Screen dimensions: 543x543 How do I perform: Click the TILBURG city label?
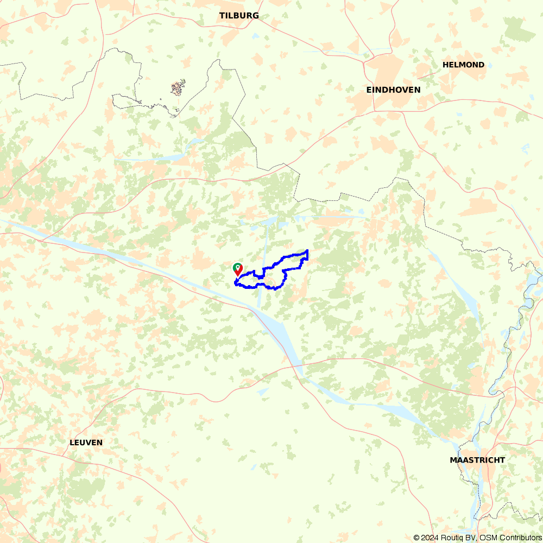[x=239, y=16]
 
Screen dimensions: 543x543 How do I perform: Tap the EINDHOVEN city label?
[x=393, y=90]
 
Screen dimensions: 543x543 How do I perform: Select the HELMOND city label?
[x=463, y=65]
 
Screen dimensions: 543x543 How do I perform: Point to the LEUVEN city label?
[x=86, y=443]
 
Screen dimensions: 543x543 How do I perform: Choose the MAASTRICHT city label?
[x=477, y=460]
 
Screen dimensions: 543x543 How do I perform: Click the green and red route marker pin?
[x=238, y=269]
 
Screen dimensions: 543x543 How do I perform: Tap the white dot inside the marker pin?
[x=238, y=267]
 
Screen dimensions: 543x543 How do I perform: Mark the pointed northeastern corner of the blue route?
[x=308, y=250]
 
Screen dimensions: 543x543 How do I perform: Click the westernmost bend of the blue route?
[x=235, y=282]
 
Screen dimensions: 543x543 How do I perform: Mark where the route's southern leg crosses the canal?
[x=260, y=286]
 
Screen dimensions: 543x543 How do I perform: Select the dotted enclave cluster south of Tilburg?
[x=178, y=87]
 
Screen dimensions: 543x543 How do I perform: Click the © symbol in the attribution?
[x=416, y=538]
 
